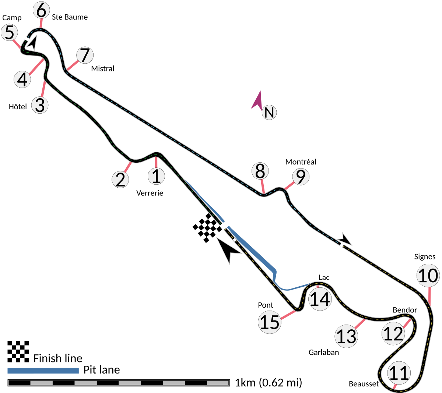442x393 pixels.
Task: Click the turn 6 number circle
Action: click(41, 10)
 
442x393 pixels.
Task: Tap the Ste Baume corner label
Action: click(70, 17)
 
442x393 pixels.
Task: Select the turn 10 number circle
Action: click(428, 276)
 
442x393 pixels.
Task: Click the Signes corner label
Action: click(425, 257)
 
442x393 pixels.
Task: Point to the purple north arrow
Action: click(257, 100)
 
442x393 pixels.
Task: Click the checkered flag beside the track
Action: click(207, 228)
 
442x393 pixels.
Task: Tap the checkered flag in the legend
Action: click(18, 351)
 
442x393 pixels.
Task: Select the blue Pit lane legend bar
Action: click(43, 371)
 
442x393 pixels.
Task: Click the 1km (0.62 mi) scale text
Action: click(269, 383)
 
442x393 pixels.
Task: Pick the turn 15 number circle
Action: click(270, 322)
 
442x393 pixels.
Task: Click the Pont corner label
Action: click(266, 305)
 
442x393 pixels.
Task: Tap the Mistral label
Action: click(103, 68)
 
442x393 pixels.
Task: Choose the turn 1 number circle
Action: click(156, 176)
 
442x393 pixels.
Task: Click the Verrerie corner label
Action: click(150, 193)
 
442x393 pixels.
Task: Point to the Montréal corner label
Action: click(301, 162)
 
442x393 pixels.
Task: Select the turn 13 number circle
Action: click(346, 336)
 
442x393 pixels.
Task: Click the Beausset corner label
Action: click(364, 384)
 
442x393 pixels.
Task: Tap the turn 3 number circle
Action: click(40, 105)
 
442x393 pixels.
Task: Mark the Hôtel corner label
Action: click(18, 107)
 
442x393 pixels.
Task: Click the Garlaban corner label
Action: click(324, 353)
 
